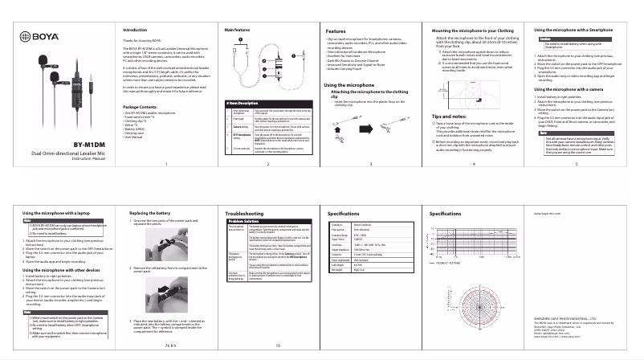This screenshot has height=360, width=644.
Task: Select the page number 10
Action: tap(278, 346)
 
